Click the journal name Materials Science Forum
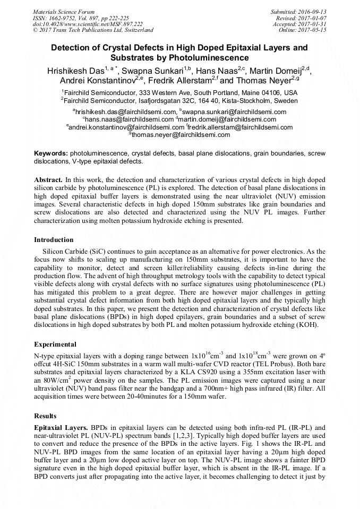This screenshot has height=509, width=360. (x=64, y=11)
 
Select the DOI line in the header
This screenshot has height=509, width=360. (x=88, y=24)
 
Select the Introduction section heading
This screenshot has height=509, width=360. (x=54, y=240)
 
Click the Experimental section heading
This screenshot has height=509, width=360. (x=55, y=344)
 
